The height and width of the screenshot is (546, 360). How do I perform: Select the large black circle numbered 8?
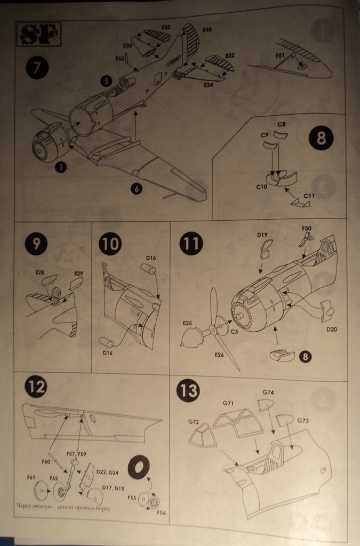(x=321, y=139)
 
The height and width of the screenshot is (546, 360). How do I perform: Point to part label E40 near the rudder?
(x=206, y=29)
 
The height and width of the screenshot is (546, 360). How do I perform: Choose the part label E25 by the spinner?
(x=187, y=323)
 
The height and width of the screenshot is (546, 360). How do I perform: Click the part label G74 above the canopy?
(x=268, y=392)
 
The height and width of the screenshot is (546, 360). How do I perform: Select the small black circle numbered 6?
(x=137, y=188)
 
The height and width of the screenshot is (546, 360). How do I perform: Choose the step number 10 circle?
(x=110, y=244)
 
